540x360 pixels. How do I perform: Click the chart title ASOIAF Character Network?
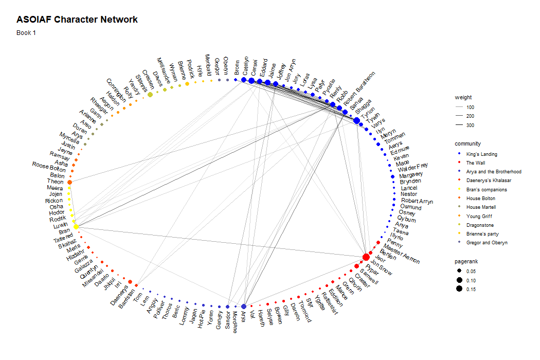77,20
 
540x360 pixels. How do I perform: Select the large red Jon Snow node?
366,257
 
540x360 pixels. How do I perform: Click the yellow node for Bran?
76,226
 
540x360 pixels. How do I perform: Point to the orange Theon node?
69,182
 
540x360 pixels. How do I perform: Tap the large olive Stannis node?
150,95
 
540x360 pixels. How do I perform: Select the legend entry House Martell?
481,207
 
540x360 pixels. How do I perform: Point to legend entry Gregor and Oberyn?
487,243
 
